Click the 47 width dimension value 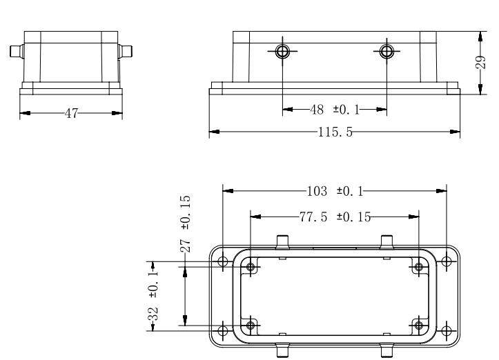click(x=71, y=113)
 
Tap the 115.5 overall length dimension click(x=335, y=132)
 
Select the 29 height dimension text click(x=481, y=62)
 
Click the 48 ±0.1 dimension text click(x=335, y=110)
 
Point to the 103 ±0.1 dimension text click(x=335, y=192)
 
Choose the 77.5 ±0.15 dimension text click(x=335, y=217)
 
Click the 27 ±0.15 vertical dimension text click(x=186, y=223)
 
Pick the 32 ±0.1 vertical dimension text click(x=153, y=296)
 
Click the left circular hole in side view click(x=282, y=51)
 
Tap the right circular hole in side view click(x=387, y=51)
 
